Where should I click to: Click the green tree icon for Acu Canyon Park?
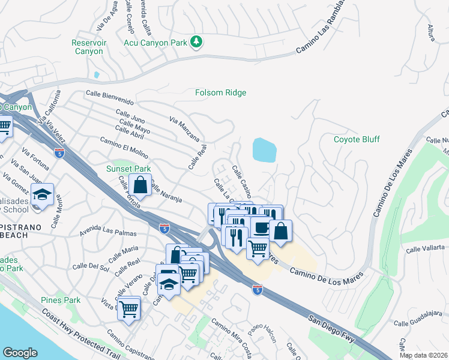click(x=196, y=41)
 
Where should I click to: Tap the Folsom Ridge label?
click(x=221, y=93)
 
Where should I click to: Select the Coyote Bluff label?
click(x=357, y=139)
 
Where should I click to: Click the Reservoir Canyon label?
click(x=89, y=47)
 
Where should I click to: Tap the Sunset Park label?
click(x=128, y=169)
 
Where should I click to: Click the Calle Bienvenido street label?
click(x=109, y=94)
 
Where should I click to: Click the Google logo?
click(x=20, y=353)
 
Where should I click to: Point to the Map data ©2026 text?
click(x=423, y=355)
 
